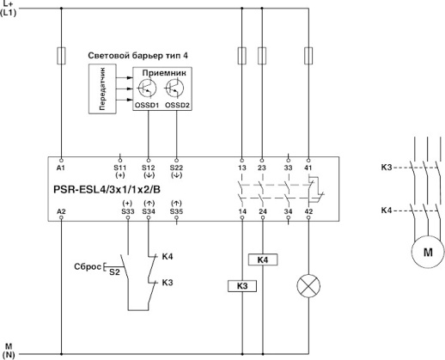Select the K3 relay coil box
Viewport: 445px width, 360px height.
pyautogui.click(x=241, y=285)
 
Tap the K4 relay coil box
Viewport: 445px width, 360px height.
pyautogui.click(x=262, y=259)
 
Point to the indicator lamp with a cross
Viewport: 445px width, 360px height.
pyautogui.click(x=307, y=285)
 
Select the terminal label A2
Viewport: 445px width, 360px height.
pyautogui.click(x=61, y=211)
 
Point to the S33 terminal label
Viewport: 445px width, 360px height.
pyautogui.click(x=128, y=211)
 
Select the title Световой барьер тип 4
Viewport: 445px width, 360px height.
pyautogui.click(x=138, y=55)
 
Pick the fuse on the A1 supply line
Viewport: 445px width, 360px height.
pyautogui.click(x=61, y=58)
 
